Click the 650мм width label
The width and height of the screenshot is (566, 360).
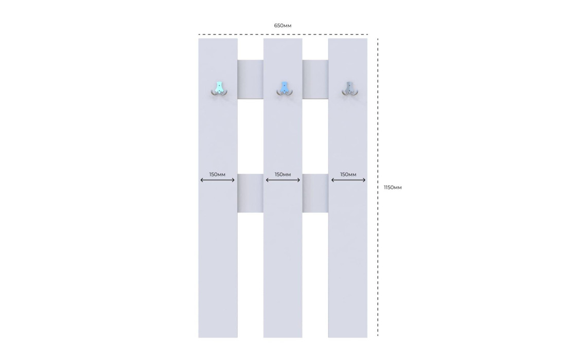[282, 25]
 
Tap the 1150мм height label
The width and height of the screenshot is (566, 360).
[393, 187]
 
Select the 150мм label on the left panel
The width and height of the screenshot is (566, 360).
[217, 174]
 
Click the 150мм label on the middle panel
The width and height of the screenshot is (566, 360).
[282, 174]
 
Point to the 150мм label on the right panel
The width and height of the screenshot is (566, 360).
[348, 174]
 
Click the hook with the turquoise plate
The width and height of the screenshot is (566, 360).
[219, 89]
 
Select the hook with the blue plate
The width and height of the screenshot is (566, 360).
[284, 89]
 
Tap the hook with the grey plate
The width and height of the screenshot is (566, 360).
[349, 89]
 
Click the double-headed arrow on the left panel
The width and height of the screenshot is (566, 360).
[218, 180]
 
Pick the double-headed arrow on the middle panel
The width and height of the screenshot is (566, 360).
[283, 180]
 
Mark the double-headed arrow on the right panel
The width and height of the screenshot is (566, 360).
[348, 180]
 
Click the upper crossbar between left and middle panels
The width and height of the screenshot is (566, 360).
[251, 79]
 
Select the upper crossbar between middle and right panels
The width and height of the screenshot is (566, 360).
[315, 79]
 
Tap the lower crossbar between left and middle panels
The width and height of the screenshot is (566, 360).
[251, 193]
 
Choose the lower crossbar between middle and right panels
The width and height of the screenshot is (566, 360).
[315, 193]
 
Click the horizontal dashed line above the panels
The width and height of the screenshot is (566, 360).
[283, 34]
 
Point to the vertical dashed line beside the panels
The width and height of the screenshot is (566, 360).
[378, 187]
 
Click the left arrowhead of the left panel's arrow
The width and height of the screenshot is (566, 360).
[202, 180]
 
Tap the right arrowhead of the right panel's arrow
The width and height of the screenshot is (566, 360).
[364, 180]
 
